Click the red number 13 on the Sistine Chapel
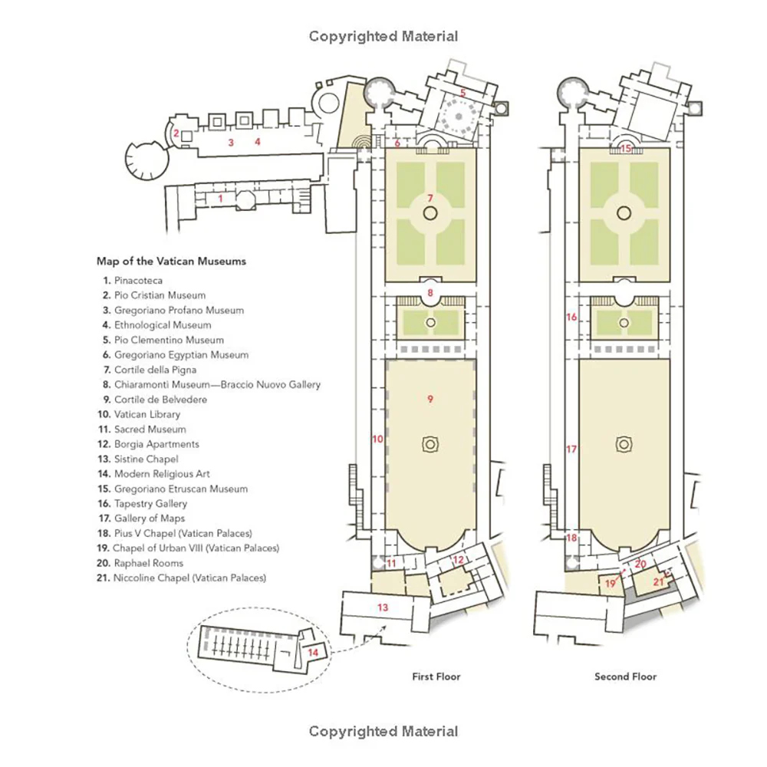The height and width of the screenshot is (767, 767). tap(383, 607)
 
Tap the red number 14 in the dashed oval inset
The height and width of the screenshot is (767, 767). tap(313, 652)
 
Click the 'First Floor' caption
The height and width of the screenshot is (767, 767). tap(436, 676)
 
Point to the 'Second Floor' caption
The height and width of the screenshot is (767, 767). tap(626, 676)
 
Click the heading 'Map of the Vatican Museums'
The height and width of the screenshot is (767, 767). tap(171, 262)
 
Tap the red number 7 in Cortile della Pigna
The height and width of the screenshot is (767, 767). tap(430, 198)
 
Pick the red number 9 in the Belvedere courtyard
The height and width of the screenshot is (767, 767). tap(430, 399)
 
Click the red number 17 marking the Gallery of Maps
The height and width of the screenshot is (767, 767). tap(571, 449)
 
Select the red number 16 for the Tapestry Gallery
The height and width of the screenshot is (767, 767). tap(571, 317)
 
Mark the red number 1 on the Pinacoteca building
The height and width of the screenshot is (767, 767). tap(221, 199)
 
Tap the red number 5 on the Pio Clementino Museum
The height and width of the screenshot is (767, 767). tap(463, 93)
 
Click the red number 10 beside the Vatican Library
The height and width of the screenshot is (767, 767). tap(377, 439)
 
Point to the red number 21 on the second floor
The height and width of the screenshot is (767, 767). tap(658, 581)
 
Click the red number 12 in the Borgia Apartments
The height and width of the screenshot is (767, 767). tap(459, 560)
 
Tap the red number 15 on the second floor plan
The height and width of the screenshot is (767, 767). tap(626, 148)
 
